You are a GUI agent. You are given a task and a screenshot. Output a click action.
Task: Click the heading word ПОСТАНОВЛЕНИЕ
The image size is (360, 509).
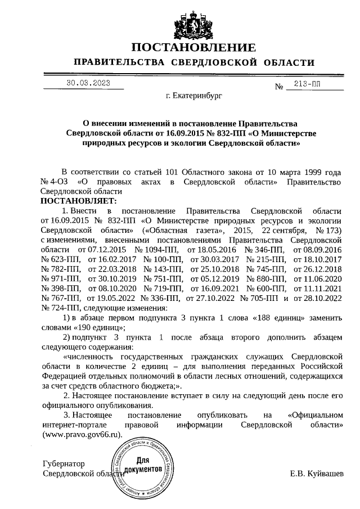(x=194, y=47)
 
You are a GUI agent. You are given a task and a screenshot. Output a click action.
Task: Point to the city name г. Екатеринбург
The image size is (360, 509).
(x=194, y=96)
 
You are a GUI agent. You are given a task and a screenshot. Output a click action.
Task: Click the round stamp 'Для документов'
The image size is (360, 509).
(x=143, y=469)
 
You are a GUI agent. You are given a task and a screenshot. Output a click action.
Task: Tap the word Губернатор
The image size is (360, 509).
(x=64, y=464)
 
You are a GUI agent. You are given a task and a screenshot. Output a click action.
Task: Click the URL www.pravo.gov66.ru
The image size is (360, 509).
(x=82, y=435)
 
